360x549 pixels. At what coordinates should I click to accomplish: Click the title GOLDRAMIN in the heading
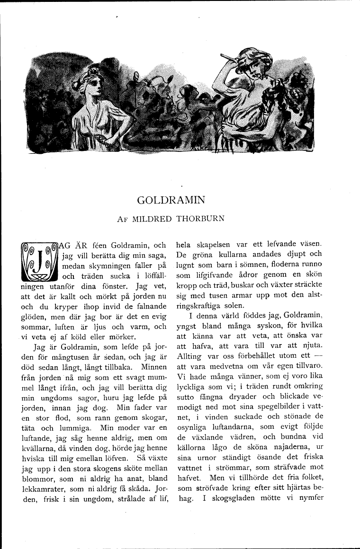coord(171,200)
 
